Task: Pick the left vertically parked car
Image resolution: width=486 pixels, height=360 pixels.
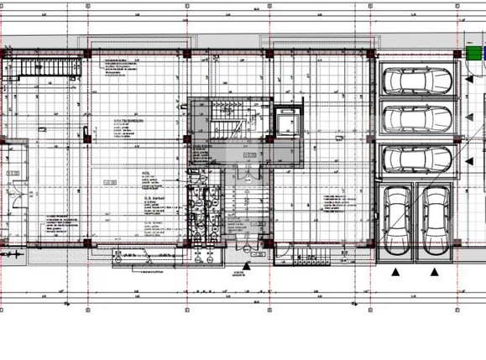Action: click(x=396, y=221)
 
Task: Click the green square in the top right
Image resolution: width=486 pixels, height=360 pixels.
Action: click(x=476, y=52)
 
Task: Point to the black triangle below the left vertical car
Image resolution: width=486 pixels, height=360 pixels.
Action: click(x=395, y=271)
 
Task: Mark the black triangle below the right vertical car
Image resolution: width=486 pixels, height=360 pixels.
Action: click(x=435, y=271)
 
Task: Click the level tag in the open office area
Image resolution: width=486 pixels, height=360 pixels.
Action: click(x=110, y=182)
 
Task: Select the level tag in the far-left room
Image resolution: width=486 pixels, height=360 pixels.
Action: click(x=13, y=173)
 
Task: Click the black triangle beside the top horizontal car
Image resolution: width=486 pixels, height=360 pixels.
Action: click(x=464, y=81)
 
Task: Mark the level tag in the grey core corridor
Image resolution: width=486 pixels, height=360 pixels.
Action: click(x=250, y=156)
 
